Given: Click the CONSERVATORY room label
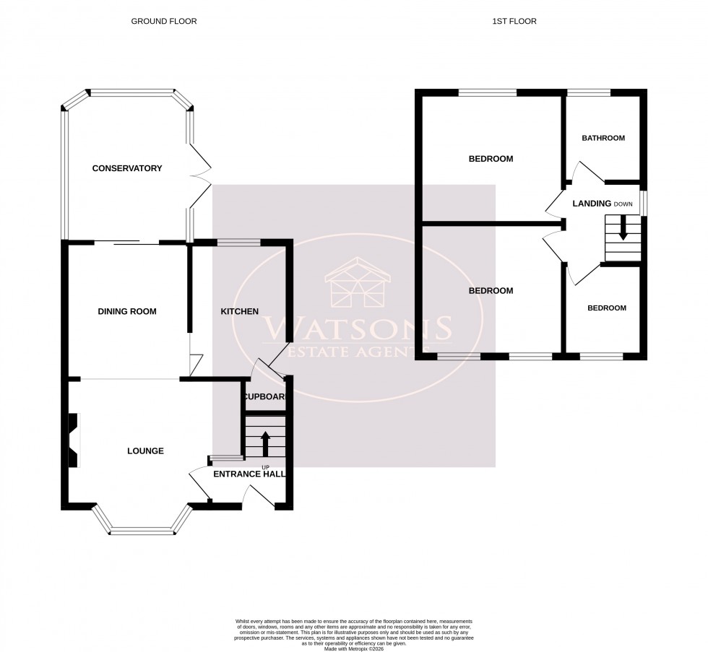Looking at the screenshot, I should [x=126, y=168].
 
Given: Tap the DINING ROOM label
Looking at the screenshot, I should [x=127, y=311].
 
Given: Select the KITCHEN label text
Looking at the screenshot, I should [x=239, y=311].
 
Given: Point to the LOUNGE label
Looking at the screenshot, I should [x=145, y=451].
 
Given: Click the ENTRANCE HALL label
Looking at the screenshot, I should [x=249, y=474].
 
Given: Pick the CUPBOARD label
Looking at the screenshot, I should [x=265, y=397].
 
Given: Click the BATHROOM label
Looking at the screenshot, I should [x=603, y=138].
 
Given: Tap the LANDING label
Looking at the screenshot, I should [x=592, y=204].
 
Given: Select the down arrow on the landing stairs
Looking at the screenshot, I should [x=622, y=232].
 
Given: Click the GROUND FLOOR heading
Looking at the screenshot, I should [x=163, y=22].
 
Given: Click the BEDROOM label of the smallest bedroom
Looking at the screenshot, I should [x=606, y=308].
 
